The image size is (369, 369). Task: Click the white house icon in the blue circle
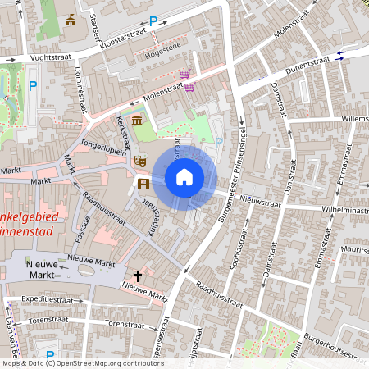point(184,176)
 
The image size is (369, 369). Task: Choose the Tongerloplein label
point(105,139)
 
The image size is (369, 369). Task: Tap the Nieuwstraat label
point(261,199)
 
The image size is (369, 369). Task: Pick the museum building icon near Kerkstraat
point(136,121)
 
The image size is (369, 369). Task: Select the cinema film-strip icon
point(143,184)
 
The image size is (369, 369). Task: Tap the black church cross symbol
point(139,276)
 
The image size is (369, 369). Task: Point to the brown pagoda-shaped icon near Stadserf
point(71,20)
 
